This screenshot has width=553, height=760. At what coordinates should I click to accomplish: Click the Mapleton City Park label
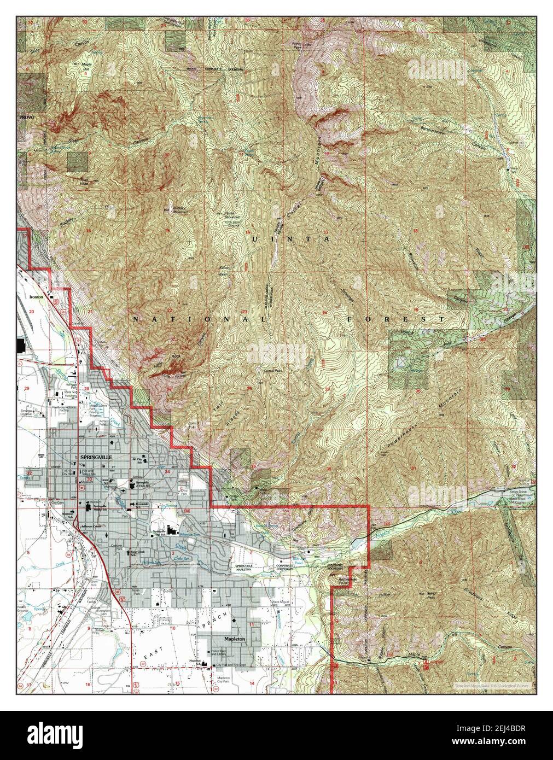(223, 680)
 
